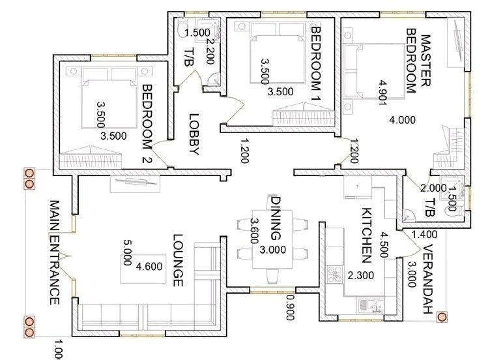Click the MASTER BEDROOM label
(x=418, y=61)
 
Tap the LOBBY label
(x=194, y=134)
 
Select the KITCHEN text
(x=366, y=235)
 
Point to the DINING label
(x=275, y=218)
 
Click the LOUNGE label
(x=177, y=260)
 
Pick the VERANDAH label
(x=427, y=279)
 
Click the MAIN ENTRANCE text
(x=55, y=252)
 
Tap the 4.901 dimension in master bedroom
(x=383, y=93)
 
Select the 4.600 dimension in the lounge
(x=149, y=266)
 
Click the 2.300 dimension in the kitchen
(x=360, y=275)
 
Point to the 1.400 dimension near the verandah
(x=424, y=234)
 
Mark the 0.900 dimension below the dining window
(x=290, y=307)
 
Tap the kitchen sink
(x=371, y=306)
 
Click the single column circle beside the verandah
(x=442, y=317)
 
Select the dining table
(x=272, y=239)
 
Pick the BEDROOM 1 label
(x=316, y=64)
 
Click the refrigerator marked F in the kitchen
(x=358, y=187)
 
